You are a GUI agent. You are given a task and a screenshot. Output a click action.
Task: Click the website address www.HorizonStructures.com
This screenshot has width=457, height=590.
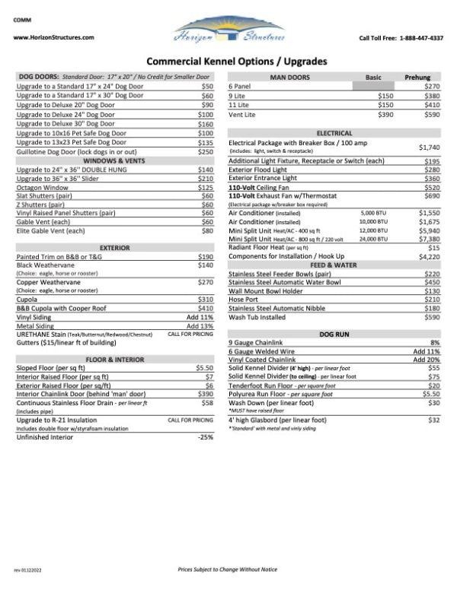53,37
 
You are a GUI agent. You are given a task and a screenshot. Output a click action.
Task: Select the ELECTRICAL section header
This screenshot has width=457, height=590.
334,132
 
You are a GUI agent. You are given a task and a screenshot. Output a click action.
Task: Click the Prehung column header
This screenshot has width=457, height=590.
418,78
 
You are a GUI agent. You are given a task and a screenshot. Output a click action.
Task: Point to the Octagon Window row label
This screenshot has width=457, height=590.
40,187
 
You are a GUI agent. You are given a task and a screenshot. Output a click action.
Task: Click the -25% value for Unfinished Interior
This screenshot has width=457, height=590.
205,436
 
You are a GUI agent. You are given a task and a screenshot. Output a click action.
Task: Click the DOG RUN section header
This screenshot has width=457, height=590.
334,333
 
